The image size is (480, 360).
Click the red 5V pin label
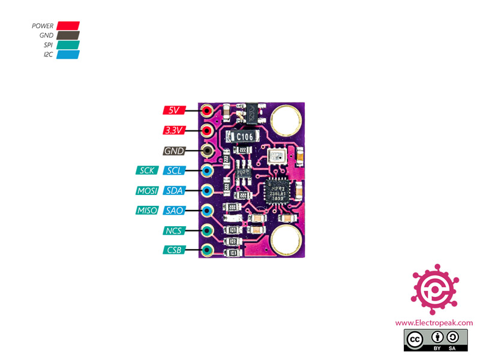(174, 110)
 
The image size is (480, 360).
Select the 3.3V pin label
(174, 130)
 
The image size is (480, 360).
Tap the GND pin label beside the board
(174, 151)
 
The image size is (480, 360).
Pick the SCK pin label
(148, 170)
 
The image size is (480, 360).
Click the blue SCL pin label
(175, 170)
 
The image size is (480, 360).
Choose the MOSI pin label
(148, 191)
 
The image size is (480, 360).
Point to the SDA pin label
(175, 191)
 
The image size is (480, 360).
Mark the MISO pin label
(148, 211)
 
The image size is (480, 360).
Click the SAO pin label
(175, 211)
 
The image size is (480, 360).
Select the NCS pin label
(174, 230)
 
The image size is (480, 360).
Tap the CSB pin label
(174, 250)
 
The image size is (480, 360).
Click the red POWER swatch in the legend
(68, 26)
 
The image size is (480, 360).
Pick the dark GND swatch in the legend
(68, 35)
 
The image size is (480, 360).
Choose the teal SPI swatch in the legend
(68, 45)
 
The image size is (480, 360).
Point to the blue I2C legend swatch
(68, 55)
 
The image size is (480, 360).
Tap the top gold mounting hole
(283, 119)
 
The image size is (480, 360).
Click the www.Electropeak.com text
(433, 323)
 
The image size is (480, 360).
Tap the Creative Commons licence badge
(433, 340)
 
